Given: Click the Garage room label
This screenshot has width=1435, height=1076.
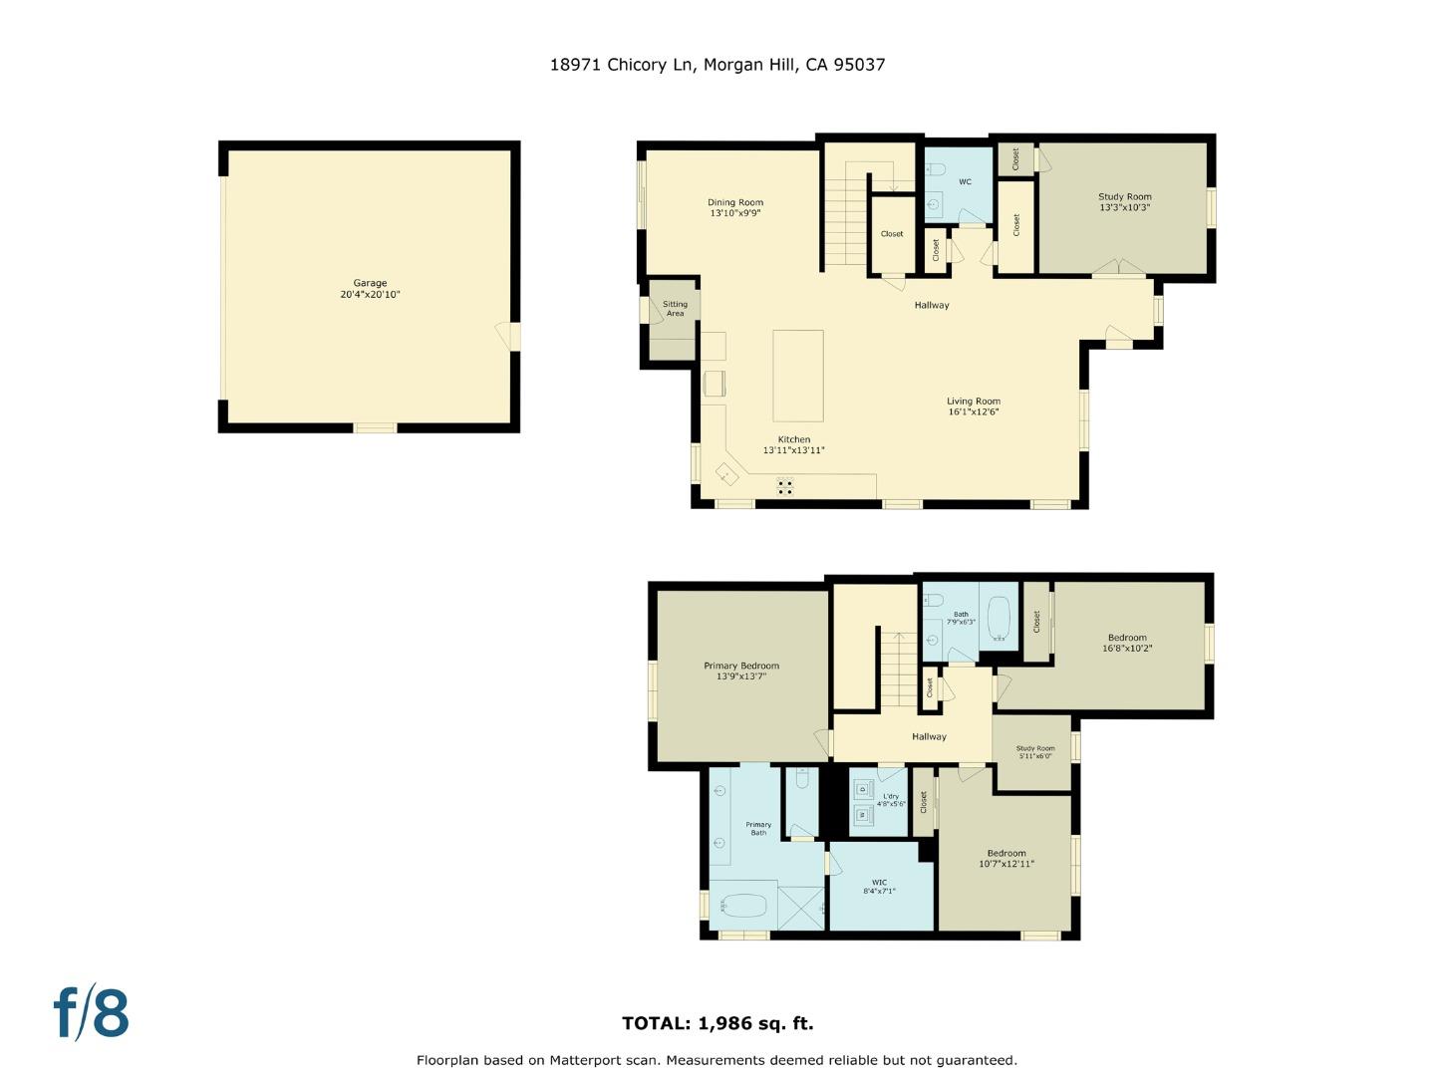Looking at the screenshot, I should point(370,283).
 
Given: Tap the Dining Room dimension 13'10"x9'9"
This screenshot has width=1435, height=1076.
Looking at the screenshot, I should point(735,213).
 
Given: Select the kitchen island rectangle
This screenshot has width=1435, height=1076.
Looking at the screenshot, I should point(797,376).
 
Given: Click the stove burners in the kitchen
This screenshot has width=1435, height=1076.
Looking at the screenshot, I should point(785,486).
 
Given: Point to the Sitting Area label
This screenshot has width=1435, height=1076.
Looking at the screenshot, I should point(675,309).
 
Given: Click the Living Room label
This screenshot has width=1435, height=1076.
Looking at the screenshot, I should point(973,402).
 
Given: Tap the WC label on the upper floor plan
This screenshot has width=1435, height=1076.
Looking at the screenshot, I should point(965,182).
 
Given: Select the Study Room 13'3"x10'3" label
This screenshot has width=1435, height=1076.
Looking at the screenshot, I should point(1124,202).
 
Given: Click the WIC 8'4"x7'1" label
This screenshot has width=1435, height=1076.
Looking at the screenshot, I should point(879,887).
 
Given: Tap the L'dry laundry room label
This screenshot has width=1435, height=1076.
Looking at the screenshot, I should point(891,799).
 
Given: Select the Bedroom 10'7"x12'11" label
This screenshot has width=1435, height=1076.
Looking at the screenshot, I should point(1006,858).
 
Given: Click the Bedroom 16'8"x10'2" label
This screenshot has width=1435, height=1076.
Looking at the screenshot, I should point(1127,643).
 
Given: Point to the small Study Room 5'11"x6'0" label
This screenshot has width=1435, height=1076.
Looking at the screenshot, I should point(1034,752).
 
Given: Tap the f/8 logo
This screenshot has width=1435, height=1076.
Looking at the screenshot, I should point(91,1013).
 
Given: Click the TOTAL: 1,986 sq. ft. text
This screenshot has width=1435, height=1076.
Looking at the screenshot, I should point(717,1023).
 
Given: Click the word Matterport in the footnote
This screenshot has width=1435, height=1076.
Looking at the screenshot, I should point(587,1060).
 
